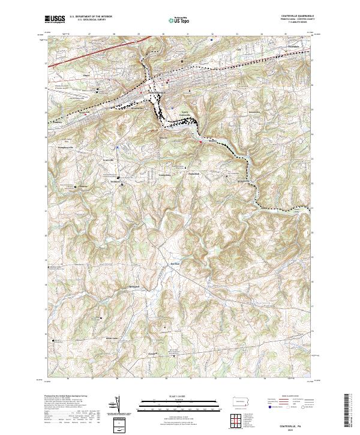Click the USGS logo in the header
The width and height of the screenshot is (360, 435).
point(55,19)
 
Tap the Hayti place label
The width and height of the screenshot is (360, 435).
point(86,76)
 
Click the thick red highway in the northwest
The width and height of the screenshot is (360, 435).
point(78,57)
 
